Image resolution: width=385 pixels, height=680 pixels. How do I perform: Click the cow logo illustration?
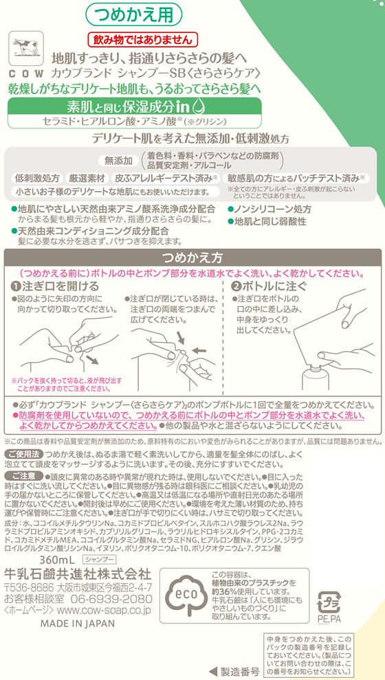pyautogui.click(x=27, y=50)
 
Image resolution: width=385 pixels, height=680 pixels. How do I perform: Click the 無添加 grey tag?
pyautogui.click(x=118, y=161)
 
